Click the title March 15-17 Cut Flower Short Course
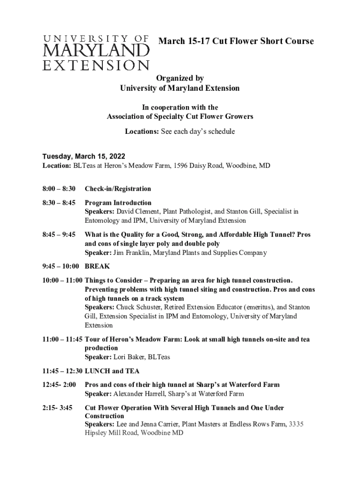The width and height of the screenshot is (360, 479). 236,41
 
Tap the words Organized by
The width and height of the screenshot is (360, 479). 180,78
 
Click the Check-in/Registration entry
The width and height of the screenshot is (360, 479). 118,189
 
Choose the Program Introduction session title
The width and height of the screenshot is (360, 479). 118,203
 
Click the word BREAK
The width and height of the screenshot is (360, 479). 97,266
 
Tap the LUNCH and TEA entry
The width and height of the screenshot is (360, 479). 112,371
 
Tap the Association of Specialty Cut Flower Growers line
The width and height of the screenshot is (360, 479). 180,116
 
